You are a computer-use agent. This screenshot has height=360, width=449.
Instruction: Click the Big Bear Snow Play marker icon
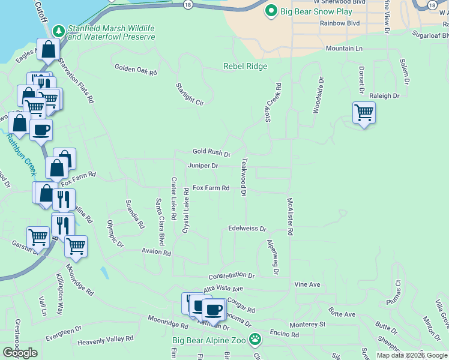point(271,11)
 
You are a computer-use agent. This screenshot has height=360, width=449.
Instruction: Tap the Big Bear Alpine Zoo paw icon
point(255,340)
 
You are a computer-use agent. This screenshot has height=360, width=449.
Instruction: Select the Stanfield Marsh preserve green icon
point(58,30)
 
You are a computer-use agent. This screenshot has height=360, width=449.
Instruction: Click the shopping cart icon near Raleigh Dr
point(364,112)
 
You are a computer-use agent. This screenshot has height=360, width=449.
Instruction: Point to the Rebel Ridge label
point(245,67)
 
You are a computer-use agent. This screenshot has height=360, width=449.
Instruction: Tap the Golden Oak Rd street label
point(136,71)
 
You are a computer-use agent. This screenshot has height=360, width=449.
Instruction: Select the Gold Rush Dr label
point(211,154)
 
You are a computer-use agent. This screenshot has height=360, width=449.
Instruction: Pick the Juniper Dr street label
point(203,165)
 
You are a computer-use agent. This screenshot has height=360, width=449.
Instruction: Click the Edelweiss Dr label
point(247,229)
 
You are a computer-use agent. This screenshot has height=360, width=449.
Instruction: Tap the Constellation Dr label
point(232,276)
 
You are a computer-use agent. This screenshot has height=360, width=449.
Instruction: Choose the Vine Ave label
point(307,284)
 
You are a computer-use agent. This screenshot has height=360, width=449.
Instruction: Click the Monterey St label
point(307,324)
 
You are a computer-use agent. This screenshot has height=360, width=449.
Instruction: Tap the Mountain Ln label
point(344,48)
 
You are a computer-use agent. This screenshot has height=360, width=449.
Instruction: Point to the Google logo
point(20,353)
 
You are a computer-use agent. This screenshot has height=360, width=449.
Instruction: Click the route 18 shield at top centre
point(188,4)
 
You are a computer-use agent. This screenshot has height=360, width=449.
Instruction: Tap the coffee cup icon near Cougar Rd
point(212,310)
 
